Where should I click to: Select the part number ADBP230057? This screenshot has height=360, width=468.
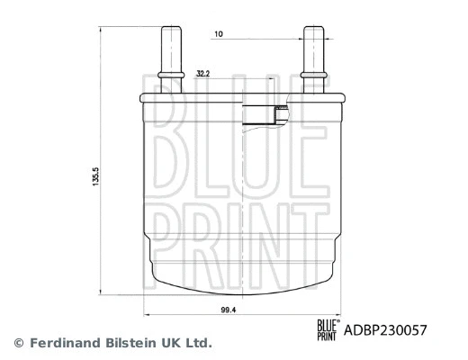[386, 330]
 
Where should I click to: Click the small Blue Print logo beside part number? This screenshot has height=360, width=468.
[327, 330]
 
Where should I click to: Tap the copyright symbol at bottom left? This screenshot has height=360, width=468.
[17, 343]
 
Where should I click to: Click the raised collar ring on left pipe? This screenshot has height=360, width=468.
[171, 72]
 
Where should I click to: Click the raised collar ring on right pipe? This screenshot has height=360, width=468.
[313, 72]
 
